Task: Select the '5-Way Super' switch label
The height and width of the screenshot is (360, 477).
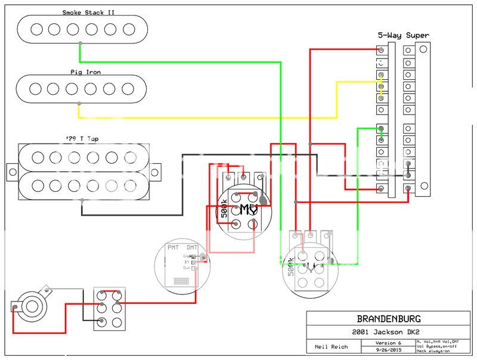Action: [x=403, y=35]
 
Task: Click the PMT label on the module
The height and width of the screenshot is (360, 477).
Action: [x=174, y=247]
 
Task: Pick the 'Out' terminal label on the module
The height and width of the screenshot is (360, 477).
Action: [x=187, y=268]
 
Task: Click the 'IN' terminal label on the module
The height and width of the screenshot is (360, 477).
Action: [x=187, y=262]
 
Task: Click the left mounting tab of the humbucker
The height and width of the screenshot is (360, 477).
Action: [x=11, y=172]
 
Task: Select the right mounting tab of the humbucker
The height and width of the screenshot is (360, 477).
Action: [x=156, y=172]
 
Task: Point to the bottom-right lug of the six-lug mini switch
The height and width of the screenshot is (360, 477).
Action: [x=117, y=321]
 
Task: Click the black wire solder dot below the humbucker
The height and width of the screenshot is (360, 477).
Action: [x=82, y=201]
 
